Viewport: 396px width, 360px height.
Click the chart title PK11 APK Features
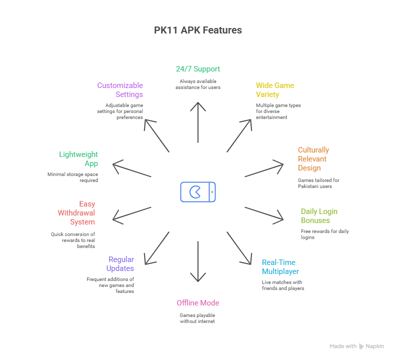[197, 30]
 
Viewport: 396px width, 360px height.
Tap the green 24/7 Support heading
[197, 69]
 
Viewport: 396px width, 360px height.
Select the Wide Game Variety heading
[274, 90]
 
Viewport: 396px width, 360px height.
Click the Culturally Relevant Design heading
[313, 159]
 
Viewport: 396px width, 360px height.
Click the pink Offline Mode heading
[197, 303]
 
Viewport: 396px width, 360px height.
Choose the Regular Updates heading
[120, 264]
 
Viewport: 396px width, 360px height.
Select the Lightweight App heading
[79, 159]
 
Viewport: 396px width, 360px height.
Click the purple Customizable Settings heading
[120, 90]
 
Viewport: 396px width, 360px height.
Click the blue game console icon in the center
[198, 192]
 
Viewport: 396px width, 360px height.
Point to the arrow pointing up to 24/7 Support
[198, 122]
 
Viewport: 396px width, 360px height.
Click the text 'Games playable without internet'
[197, 318]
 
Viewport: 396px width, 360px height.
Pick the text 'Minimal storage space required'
[73, 177]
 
